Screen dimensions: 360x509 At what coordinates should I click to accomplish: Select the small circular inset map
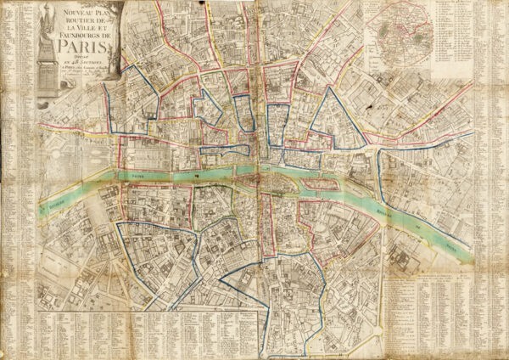(x=399, y=34)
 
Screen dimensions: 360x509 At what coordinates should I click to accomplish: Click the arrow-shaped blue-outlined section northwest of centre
(x=140, y=93)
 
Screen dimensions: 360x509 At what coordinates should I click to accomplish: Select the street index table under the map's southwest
(x=144, y=331)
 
